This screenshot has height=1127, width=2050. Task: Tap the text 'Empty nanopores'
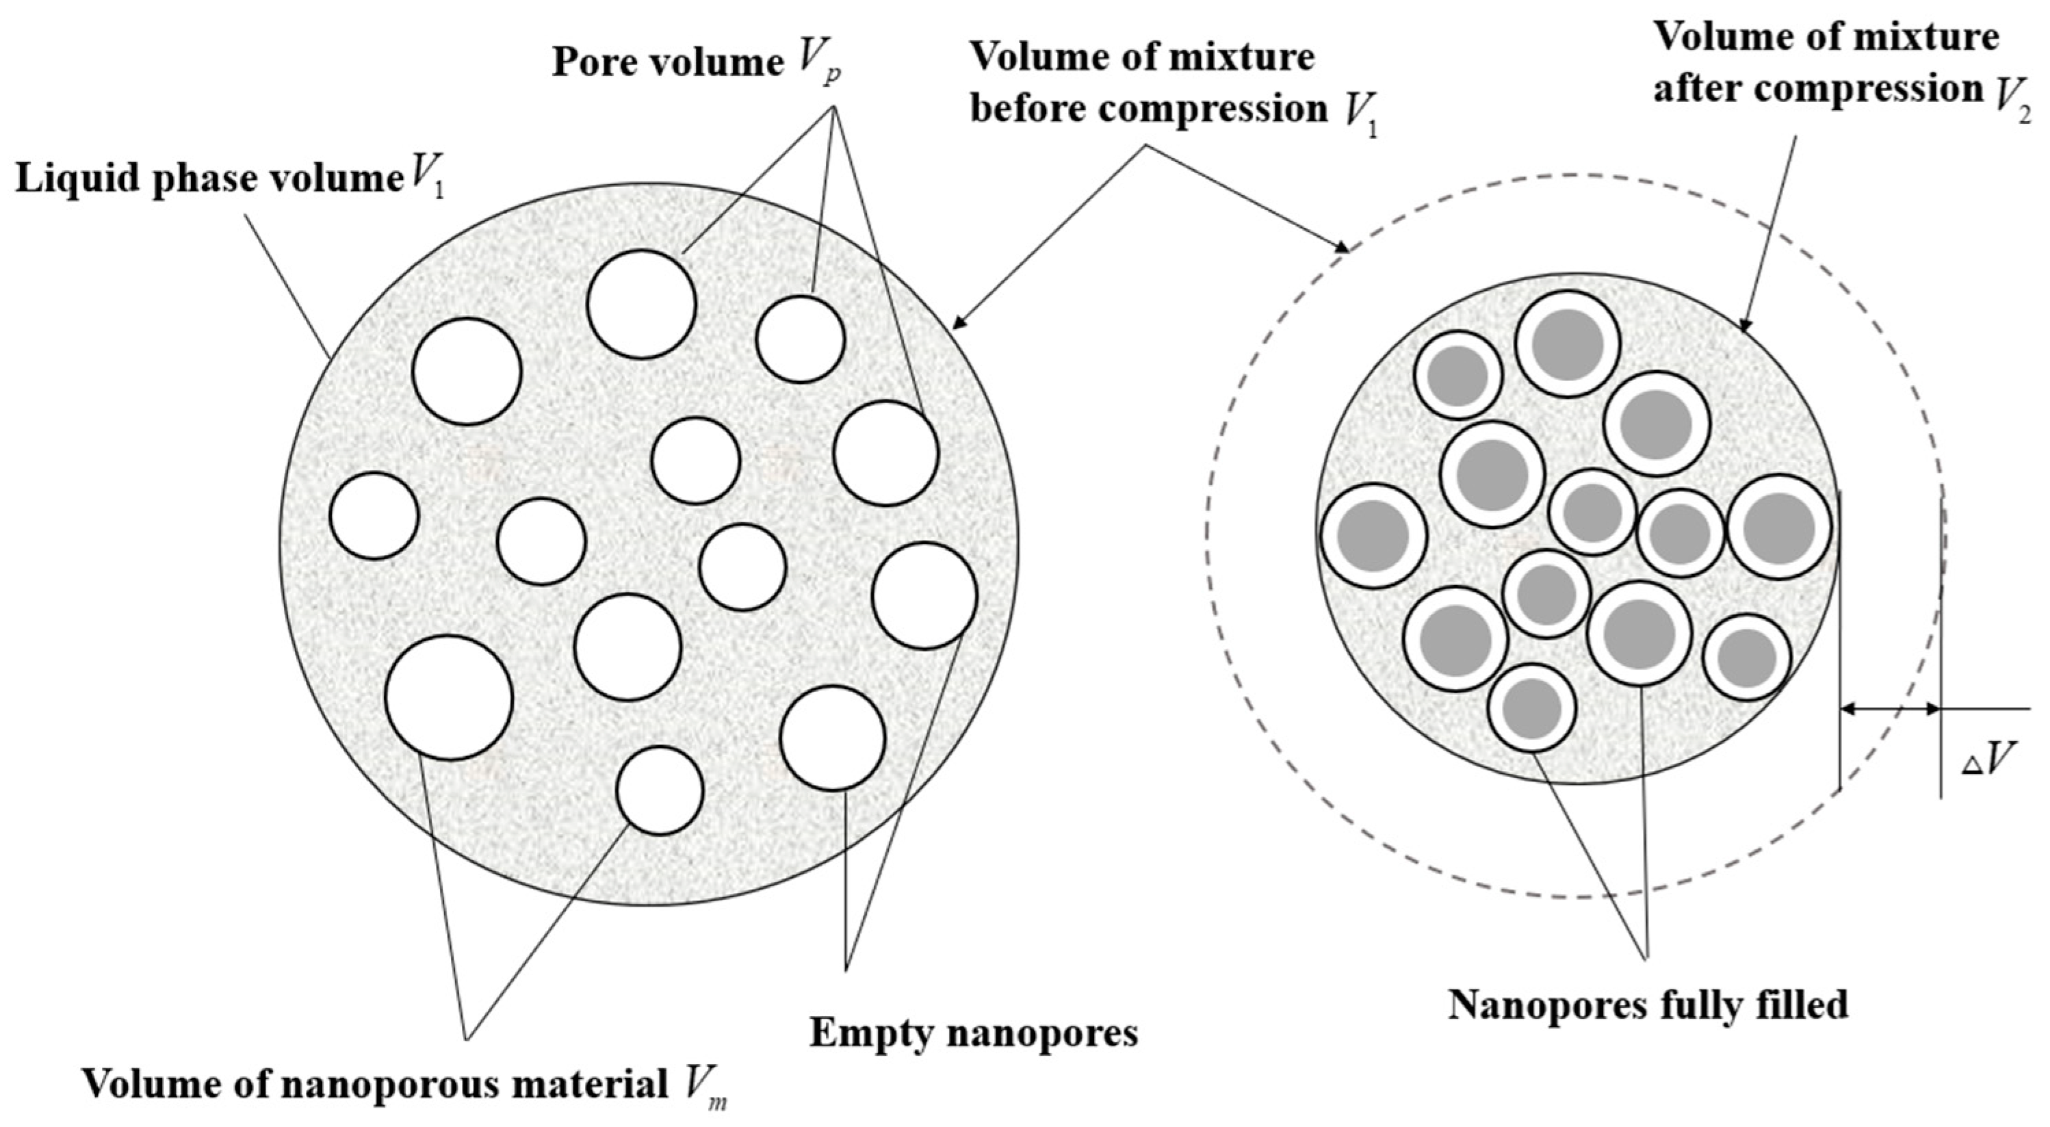point(973,1034)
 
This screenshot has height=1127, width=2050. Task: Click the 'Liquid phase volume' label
point(209,180)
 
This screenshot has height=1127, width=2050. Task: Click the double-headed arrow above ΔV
point(1889,708)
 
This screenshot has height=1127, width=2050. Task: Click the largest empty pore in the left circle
point(449,697)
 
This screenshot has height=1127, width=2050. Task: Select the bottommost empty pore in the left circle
point(660,790)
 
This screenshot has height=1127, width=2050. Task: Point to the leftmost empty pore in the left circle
point(374,516)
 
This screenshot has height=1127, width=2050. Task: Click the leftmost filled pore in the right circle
point(1373,535)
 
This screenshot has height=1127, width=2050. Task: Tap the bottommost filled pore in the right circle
point(1532,708)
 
